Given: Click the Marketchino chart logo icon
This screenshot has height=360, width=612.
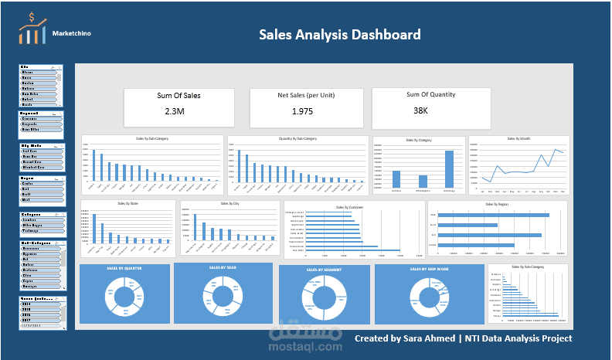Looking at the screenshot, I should point(32,30).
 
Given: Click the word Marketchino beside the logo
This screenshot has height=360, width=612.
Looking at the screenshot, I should point(74,34).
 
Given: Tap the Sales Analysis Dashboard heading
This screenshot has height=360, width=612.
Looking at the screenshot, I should point(339,35).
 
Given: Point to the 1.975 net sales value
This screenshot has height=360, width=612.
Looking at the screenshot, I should point(302,112).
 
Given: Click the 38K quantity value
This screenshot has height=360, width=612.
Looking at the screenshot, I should point(420,110).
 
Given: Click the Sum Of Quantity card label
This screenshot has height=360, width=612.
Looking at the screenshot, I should point(430,95).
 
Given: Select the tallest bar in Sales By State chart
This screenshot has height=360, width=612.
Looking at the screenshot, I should point(94,229).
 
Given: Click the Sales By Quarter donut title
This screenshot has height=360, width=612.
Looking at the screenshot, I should point(123,268).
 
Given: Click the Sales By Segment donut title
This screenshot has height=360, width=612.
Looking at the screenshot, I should point(322,270).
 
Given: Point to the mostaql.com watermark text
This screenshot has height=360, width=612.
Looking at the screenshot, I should point(305,347).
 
